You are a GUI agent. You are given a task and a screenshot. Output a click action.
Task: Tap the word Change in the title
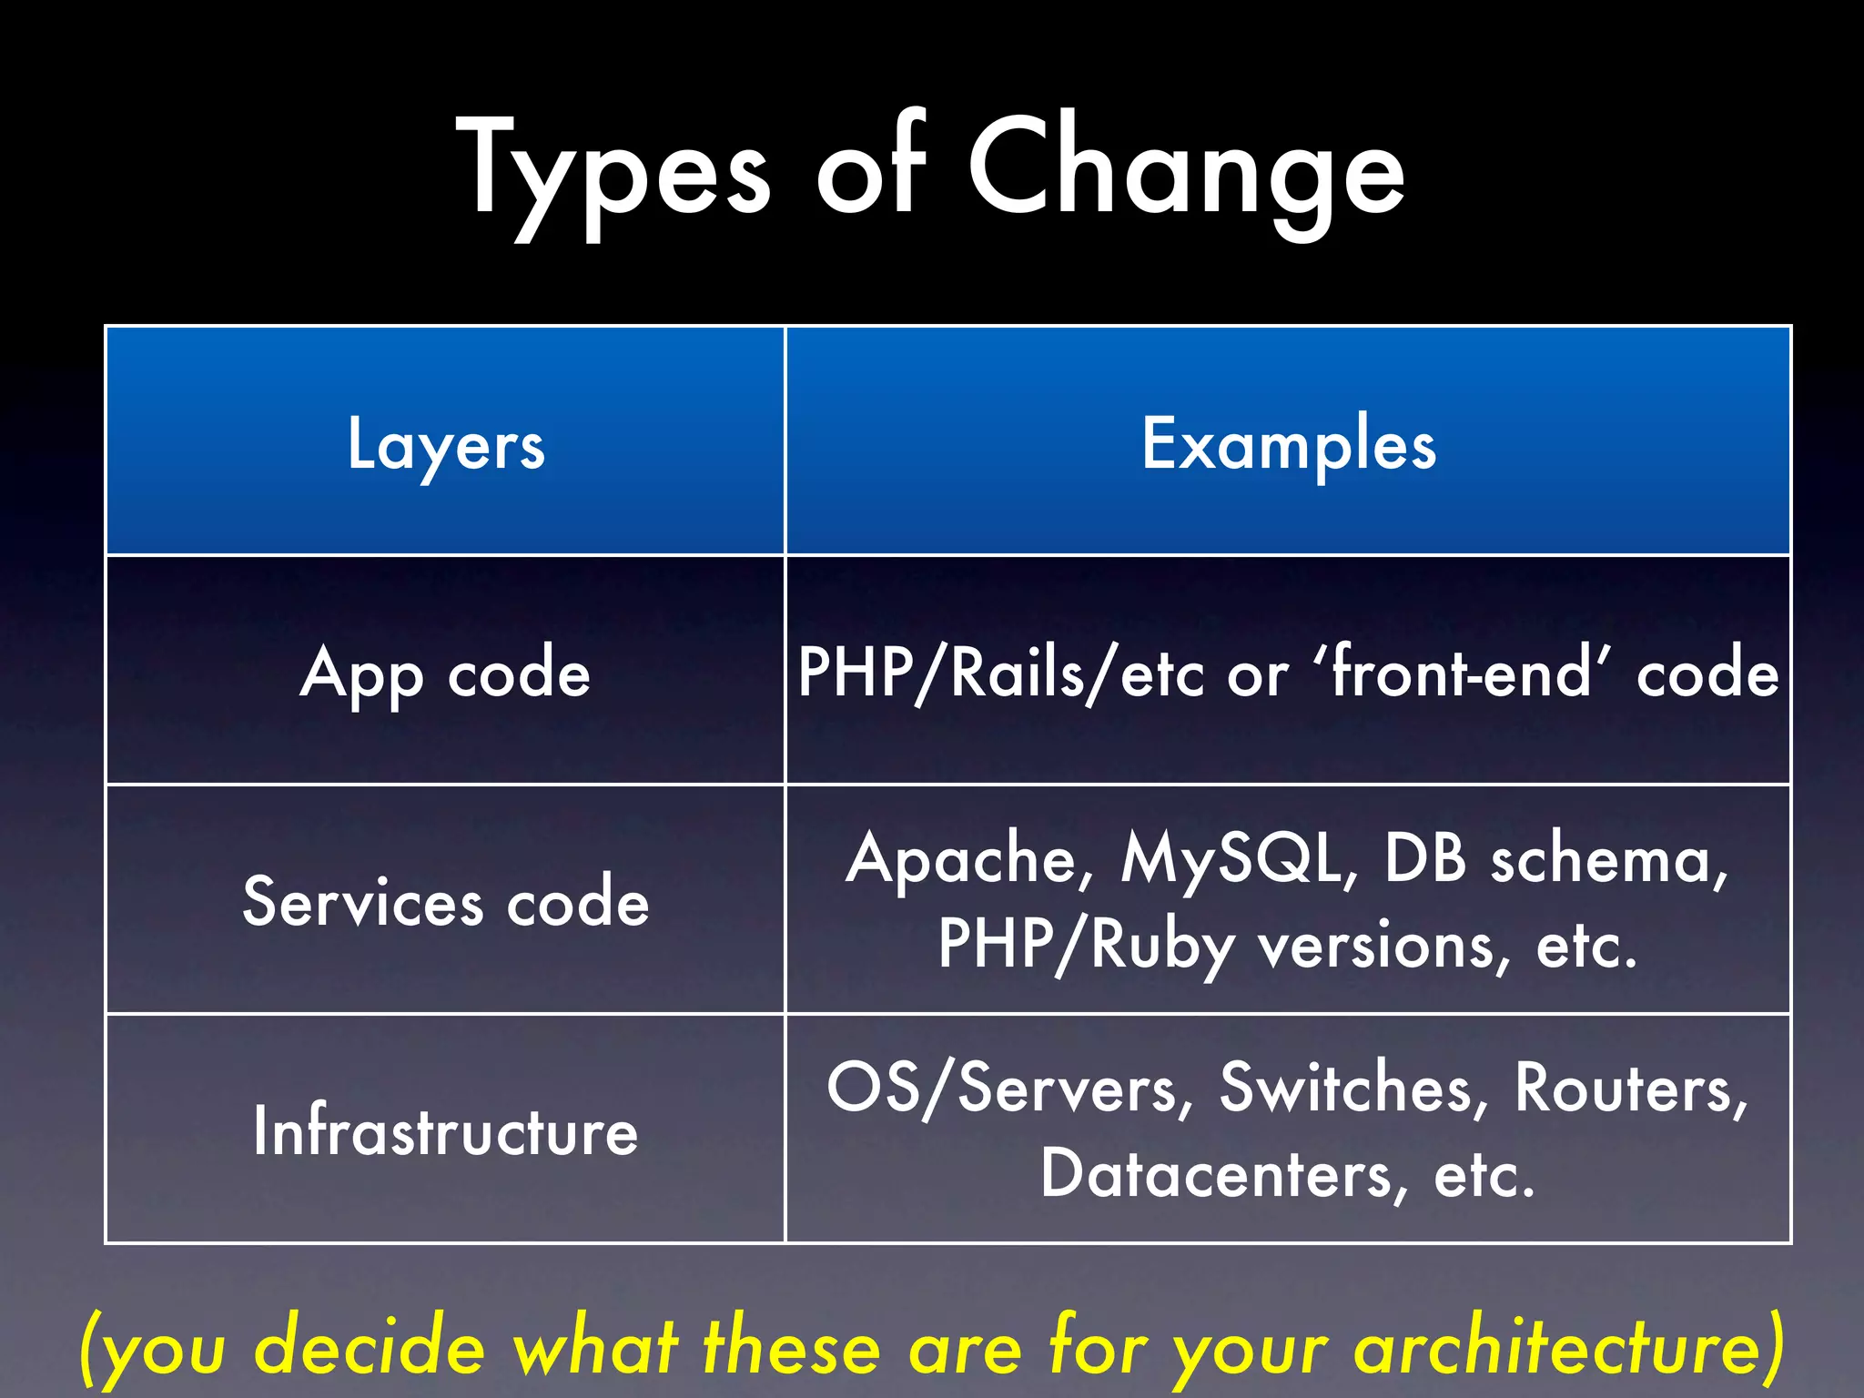(x=1186, y=168)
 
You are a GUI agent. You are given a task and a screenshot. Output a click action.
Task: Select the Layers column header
(x=446, y=444)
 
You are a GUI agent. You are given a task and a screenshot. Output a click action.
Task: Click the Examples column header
(x=1289, y=444)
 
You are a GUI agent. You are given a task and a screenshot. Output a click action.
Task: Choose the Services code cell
(x=446, y=902)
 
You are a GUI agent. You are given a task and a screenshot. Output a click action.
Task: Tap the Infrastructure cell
(x=446, y=1131)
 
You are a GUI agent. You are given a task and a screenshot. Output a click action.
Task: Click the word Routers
(x=1630, y=1089)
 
